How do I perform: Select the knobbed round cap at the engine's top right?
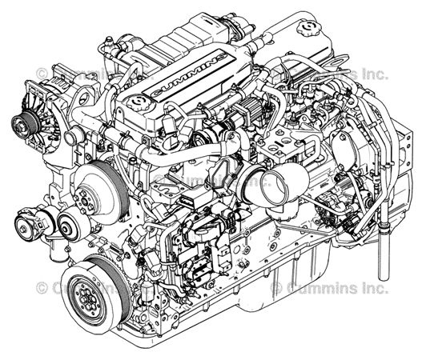click(307, 33)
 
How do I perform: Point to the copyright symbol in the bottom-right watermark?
click(277, 286)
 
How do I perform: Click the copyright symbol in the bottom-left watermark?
click(41, 286)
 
